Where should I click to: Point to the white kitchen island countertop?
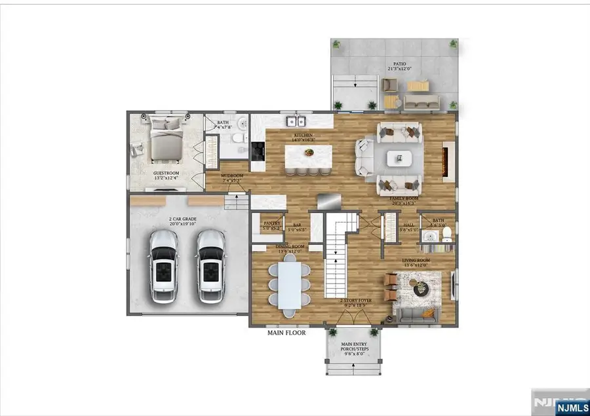click(309, 155)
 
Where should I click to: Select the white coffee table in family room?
click(399, 158)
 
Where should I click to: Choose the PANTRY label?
click(271, 223)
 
